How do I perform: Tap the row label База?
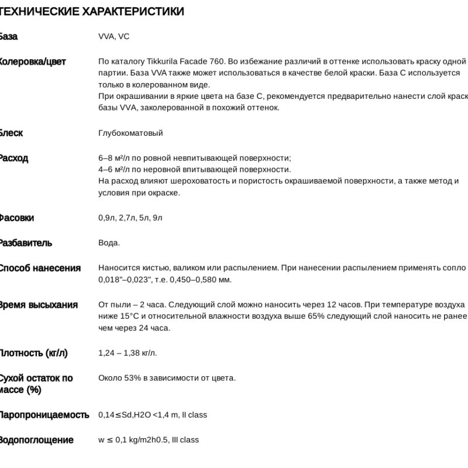coord(8,36)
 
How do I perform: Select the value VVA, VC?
coord(113,36)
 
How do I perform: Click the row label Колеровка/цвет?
coord(32,61)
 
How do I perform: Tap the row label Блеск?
coord(11,133)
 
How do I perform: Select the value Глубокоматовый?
coord(130,133)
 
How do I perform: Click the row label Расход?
coord(13,158)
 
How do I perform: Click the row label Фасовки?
coord(16,218)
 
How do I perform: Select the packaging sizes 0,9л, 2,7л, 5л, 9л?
coord(130,218)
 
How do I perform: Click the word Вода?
coord(108,243)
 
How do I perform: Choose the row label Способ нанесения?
coord(39,268)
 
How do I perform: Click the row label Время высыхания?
coord(38,305)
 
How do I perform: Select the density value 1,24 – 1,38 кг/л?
coord(128,353)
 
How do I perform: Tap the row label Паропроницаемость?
coord(44,415)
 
